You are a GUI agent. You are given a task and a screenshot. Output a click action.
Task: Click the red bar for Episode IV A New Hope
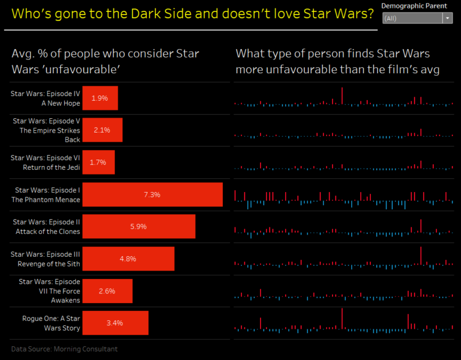[x=100, y=98]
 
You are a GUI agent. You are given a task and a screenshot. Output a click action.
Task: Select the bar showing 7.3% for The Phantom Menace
[x=152, y=195]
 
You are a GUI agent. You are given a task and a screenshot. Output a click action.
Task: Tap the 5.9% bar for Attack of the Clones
[x=139, y=227]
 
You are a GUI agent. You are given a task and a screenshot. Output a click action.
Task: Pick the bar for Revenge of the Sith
[x=128, y=259]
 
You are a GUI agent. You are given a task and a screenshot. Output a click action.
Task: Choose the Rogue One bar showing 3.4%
[x=115, y=323]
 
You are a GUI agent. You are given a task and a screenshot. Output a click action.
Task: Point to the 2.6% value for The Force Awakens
[x=107, y=291]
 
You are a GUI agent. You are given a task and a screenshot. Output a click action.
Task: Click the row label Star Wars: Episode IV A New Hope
[x=46, y=98]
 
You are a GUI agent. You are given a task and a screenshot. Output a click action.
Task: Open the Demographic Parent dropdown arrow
[x=447, y=19]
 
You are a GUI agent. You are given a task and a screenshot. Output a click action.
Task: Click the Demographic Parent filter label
[x=414, y=6]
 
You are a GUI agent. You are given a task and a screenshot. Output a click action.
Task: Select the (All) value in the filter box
[x=391, y=19]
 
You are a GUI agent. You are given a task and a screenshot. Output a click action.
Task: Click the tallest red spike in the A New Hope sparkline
[x=342, y=96]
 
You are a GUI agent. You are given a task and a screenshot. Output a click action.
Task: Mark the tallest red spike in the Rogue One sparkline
[x=342, y=318]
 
